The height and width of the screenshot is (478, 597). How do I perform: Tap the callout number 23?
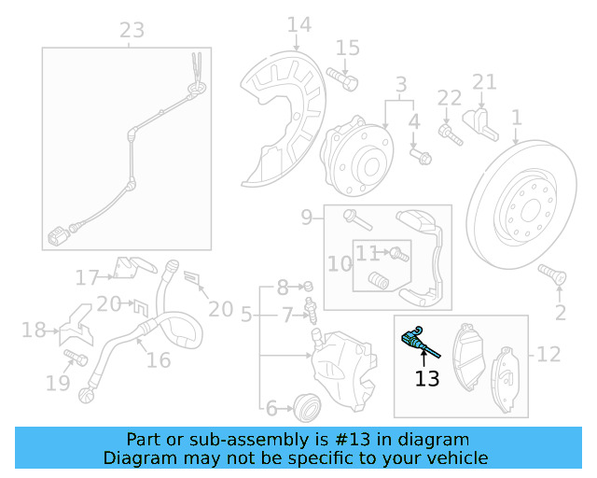132,30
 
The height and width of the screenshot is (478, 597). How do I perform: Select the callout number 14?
298,24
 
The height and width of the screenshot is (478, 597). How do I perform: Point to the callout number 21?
484,82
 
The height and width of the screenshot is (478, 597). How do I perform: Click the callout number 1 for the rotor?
515,119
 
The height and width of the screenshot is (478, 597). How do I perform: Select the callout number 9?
307,218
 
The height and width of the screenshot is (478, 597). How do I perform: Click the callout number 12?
549,354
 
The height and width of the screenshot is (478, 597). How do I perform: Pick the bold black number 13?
426,378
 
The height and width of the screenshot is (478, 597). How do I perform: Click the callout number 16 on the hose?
159,360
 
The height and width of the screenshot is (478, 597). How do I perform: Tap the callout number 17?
87,277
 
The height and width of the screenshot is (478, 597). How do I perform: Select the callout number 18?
34,330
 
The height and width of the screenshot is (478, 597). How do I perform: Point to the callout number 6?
271,407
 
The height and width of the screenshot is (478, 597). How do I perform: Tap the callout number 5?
246,316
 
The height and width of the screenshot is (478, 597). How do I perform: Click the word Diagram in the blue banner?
137,458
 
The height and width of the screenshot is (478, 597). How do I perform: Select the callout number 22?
450,97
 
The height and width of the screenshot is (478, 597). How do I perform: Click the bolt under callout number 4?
422,155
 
